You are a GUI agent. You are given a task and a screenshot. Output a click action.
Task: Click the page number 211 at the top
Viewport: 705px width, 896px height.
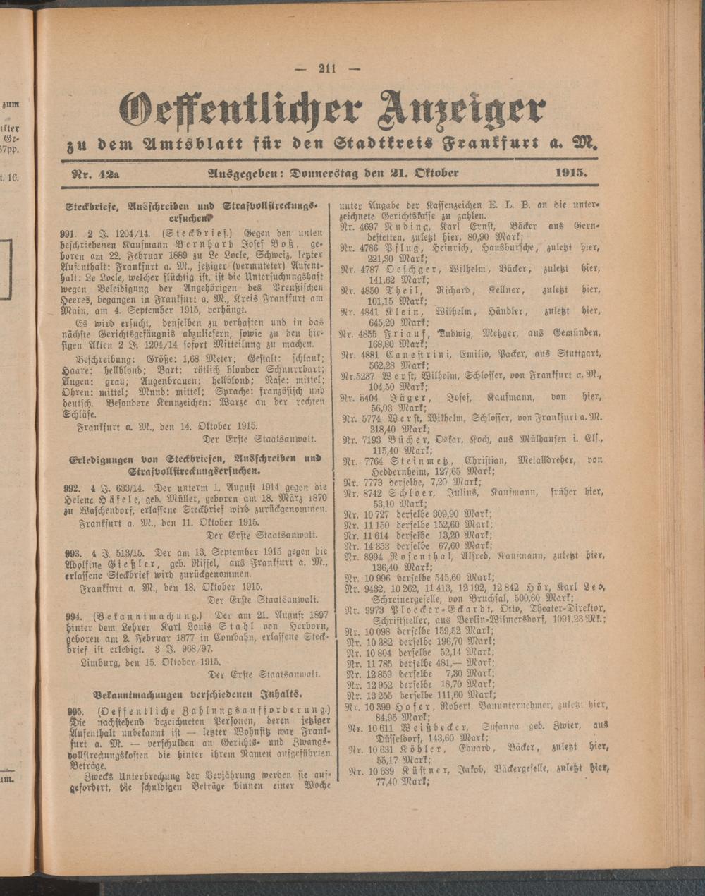(x=329, y=68)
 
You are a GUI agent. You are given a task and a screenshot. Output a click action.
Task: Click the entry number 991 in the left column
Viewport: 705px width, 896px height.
(x=68, y=231)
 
